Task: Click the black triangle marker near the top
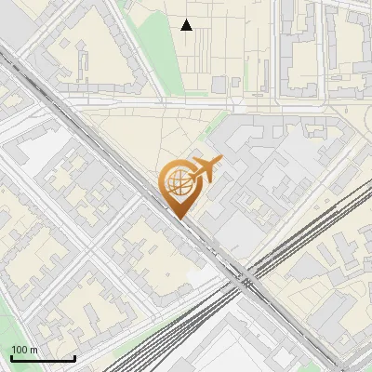pyautogui.click(x=187, y=25)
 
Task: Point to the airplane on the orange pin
pyautogui.click(x=204, y=169)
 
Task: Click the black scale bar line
pyautogui.click(x=43, y=359)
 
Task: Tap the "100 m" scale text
pyautogui.click(x=24, y=351)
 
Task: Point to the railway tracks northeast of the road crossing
pyautogui.click(x=307, y=232)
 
